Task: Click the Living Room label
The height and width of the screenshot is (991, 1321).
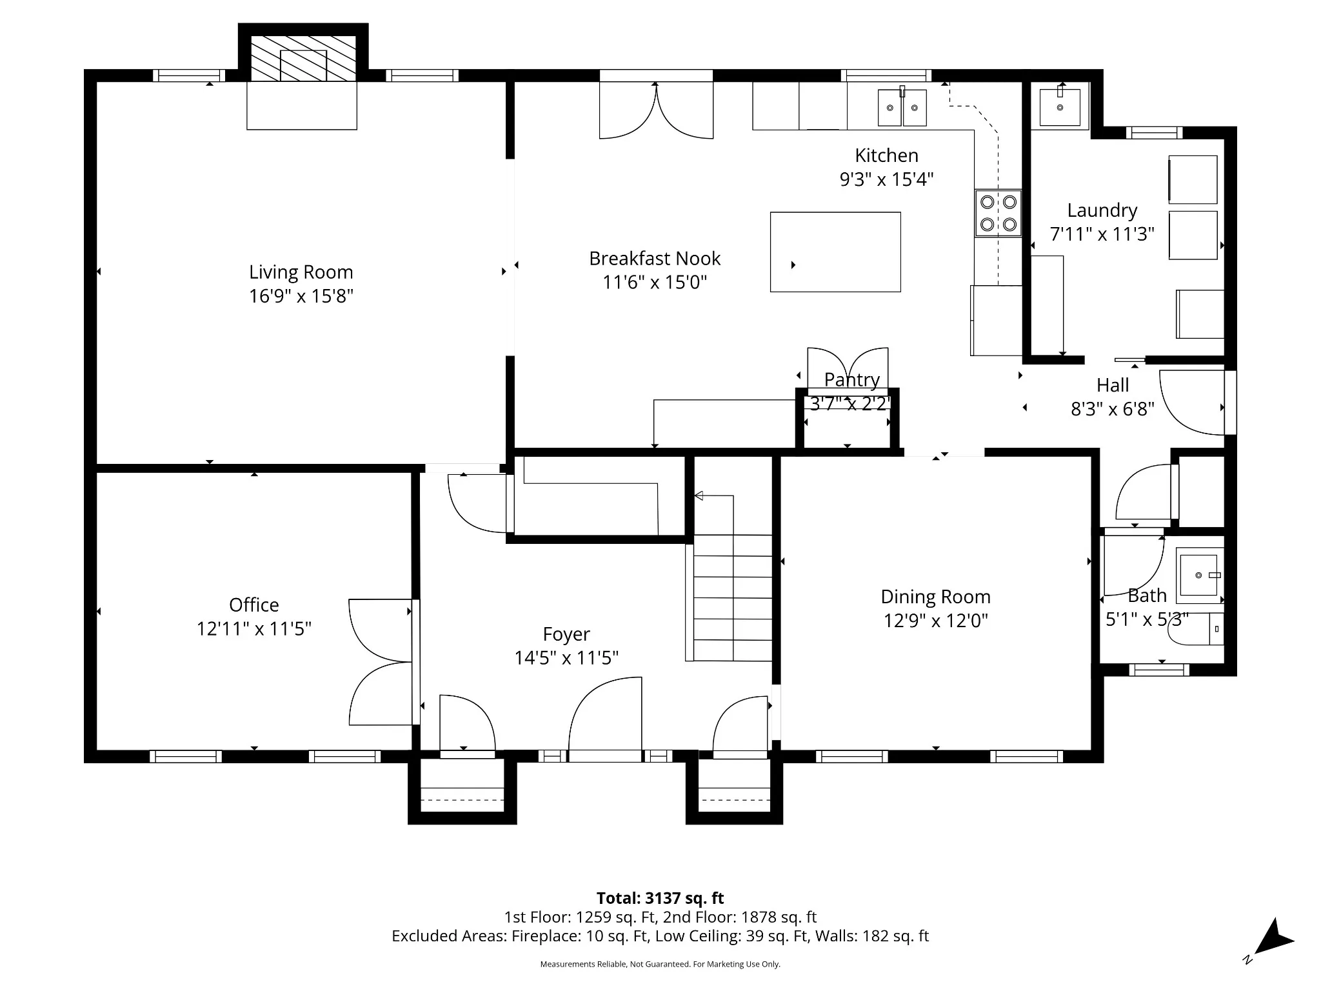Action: [x=301, y=272]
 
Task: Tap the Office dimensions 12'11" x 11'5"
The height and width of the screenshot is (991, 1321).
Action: [x=254, y=628]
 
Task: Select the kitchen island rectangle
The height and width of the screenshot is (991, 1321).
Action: [x=835, y=252]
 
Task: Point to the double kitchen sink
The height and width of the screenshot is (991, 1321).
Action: [x=902, y=107]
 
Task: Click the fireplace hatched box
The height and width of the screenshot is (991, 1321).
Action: [x=303, y=59]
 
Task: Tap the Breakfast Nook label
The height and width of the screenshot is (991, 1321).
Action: [x=655, y=259]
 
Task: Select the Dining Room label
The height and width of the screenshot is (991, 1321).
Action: [x=936, y=597]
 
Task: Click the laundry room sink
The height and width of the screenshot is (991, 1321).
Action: [x=1060, y=106]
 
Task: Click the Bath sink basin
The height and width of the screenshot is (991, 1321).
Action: [x=1199, y=575]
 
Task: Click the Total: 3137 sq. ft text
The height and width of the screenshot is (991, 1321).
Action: [x=660, y=898]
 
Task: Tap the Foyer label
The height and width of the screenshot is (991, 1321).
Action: [x=566, y=634]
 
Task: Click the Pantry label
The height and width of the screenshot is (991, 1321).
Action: [x=852, y=380]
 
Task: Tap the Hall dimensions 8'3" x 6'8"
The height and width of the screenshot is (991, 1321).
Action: [x=1113, y=408]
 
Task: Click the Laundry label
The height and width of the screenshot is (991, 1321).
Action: [x=1102, y=210]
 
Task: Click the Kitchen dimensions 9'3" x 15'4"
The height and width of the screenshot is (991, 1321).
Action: [x=886, y=179]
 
